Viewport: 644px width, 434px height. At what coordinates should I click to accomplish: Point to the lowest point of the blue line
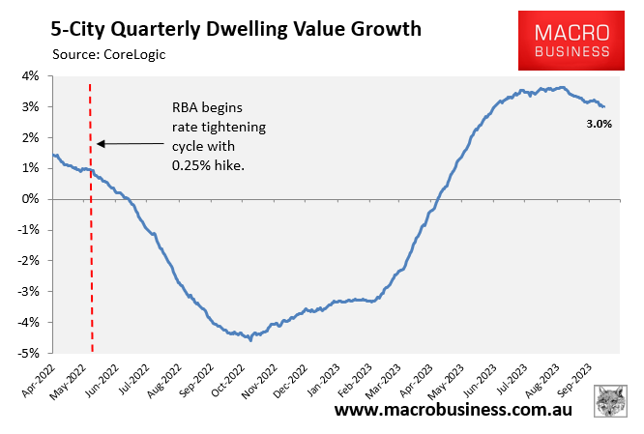coord(250,339)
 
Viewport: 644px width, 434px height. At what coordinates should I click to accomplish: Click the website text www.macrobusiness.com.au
coord(454,410)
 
